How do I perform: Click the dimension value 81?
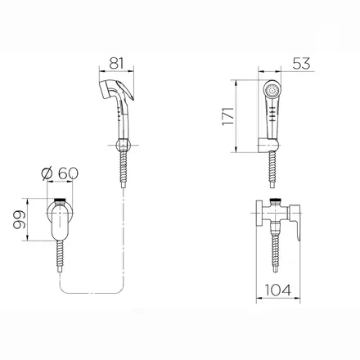click(116, 63)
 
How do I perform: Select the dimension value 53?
click(301, 64)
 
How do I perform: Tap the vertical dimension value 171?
click(228, 116)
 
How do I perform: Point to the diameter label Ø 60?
click(60, 173)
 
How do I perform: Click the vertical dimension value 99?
click(20, 219)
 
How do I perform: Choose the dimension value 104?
click(278, 290)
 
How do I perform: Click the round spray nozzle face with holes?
click(272, 90)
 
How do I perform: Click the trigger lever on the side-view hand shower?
click(125, 89)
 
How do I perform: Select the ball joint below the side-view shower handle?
click(123, 145)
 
